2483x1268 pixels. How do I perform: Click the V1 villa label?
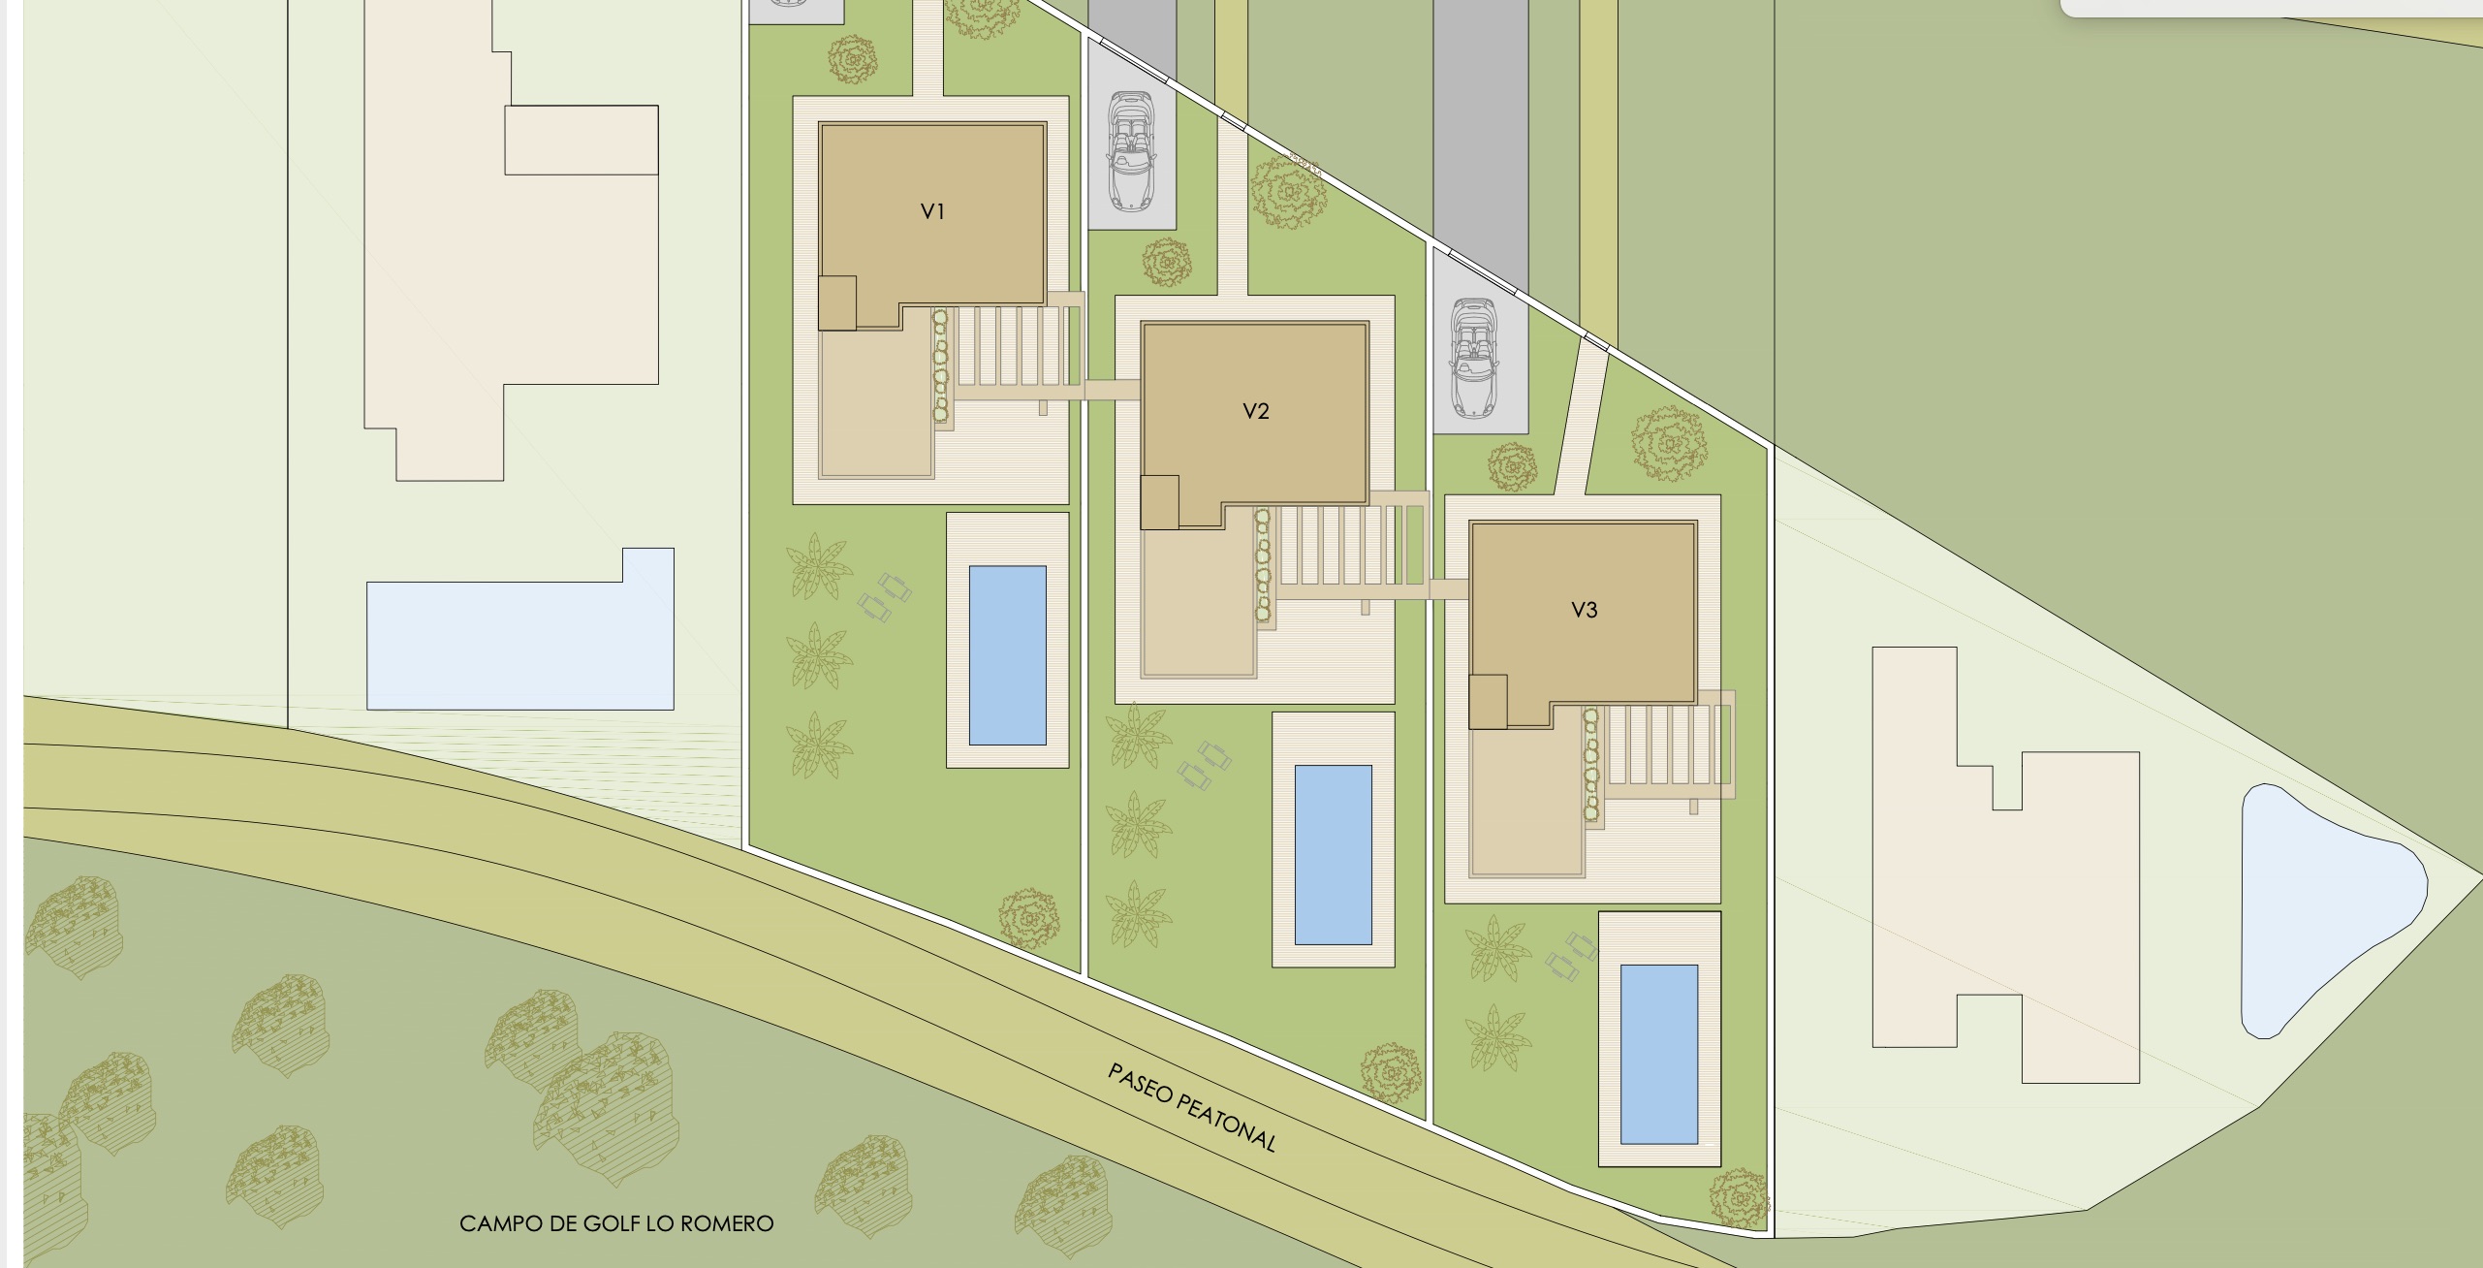coord(932,211)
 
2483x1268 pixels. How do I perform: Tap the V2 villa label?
coord(1256,411)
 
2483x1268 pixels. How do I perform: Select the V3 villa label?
coord(1585,610)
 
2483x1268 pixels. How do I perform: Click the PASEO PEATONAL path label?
coord(1192,1107)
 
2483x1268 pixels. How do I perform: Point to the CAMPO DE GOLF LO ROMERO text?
coord(616,1223)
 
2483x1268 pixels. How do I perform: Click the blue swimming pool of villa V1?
coord(1008,655)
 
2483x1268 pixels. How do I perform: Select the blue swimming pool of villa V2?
coord(1334,855)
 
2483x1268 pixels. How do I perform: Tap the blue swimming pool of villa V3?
coord(1659,1055)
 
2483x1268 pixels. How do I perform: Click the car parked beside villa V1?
coord(1131,151)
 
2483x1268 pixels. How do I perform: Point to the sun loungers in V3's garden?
coord(1571,955)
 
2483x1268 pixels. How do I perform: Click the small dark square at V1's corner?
coord(837,303)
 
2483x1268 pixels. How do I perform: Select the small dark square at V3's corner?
coord(1488,702)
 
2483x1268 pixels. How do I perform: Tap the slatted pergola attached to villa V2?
coord(1352,549)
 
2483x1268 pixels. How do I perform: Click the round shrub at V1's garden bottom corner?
coord(1028,916)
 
